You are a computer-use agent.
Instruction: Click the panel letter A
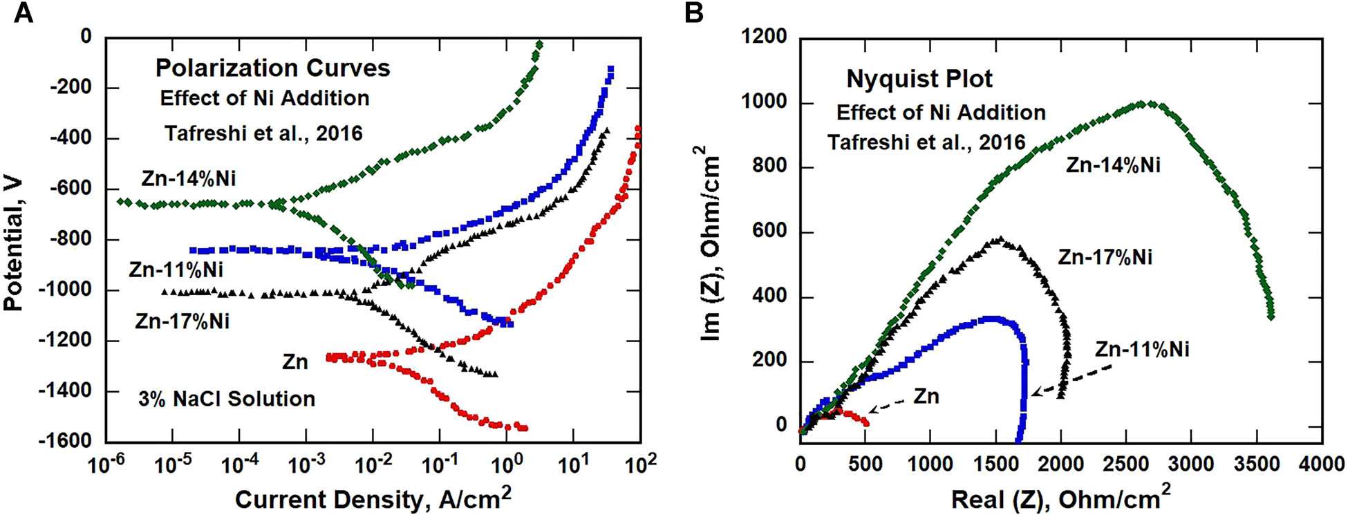click(23, 12)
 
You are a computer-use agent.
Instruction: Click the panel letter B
click(693, 12)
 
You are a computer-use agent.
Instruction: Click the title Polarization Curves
click(272, 68)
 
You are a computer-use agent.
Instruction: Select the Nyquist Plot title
click(919, 79)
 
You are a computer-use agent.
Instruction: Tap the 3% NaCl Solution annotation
click(226, 399)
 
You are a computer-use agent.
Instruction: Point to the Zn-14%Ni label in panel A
click(188, 178)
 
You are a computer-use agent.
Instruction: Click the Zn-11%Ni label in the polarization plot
click(176, 270)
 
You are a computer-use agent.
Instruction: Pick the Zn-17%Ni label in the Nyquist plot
click(1105, 257)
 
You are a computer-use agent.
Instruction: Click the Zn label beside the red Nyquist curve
click(926, 396)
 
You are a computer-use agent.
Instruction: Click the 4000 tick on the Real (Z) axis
click(1321, 464)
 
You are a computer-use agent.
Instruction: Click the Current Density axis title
click(373, 499)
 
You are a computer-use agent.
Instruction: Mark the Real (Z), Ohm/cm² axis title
click(1060, 499)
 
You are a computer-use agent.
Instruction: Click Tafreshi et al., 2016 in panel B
click(926, 142)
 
